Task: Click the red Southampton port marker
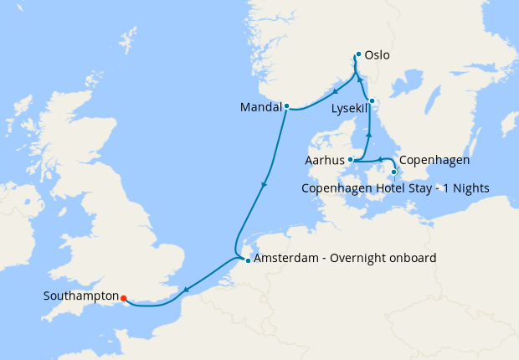pos(123,297)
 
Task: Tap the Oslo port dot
pos(358,55)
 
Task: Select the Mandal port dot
pos(286,106)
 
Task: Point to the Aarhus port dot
pos(352,160)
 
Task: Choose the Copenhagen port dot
pos(394,172)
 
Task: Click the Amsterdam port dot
pos(248,260)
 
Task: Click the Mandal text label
pos(260,107)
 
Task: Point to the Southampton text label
pos(80,296)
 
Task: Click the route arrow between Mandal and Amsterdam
pos(265,185)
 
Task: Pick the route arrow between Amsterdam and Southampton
pos(186,290)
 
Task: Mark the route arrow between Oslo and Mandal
pos(336,91)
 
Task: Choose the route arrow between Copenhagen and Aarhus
pos(378,159)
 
